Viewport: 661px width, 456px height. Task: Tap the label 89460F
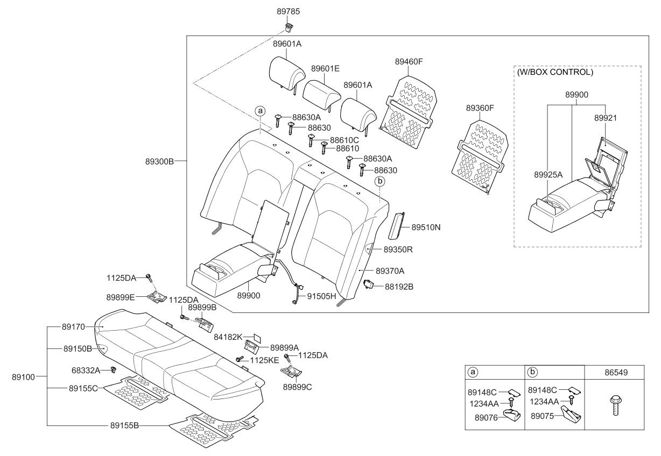point(409,62)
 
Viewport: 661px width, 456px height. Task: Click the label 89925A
point(549,175)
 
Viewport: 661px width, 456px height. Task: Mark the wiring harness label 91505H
point(321,296)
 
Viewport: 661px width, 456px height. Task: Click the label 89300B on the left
point(159,161)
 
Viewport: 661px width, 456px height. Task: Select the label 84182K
point(228,337)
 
